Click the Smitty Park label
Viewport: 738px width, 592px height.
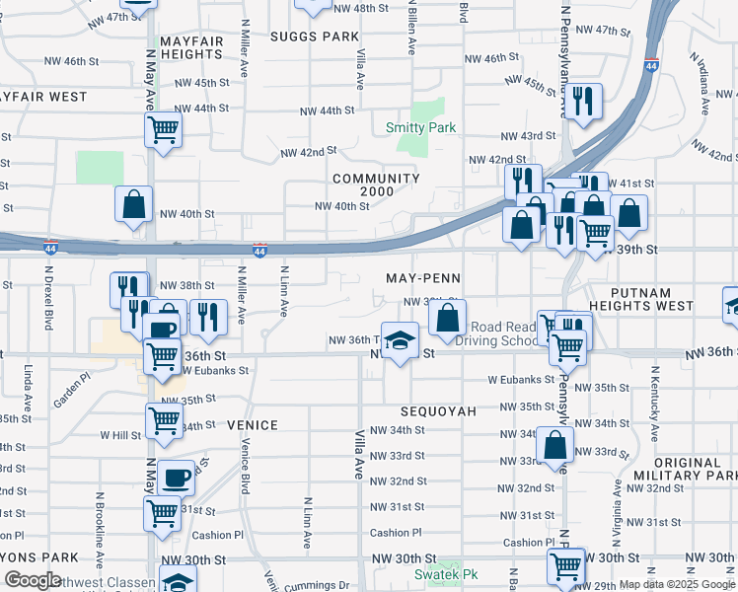(420, 128)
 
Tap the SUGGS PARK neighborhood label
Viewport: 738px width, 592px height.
(316, 37)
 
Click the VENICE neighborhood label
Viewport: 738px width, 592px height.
(253, 424)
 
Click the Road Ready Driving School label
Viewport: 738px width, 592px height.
(503, 333)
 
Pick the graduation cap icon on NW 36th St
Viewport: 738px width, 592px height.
(399, 341)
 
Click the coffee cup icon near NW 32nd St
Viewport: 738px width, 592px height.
(176, 478)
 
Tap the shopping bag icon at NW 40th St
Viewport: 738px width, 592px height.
(133, 204)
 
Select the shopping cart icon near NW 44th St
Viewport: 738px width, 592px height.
(163, 129)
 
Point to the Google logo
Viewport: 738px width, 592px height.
(32, 580)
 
